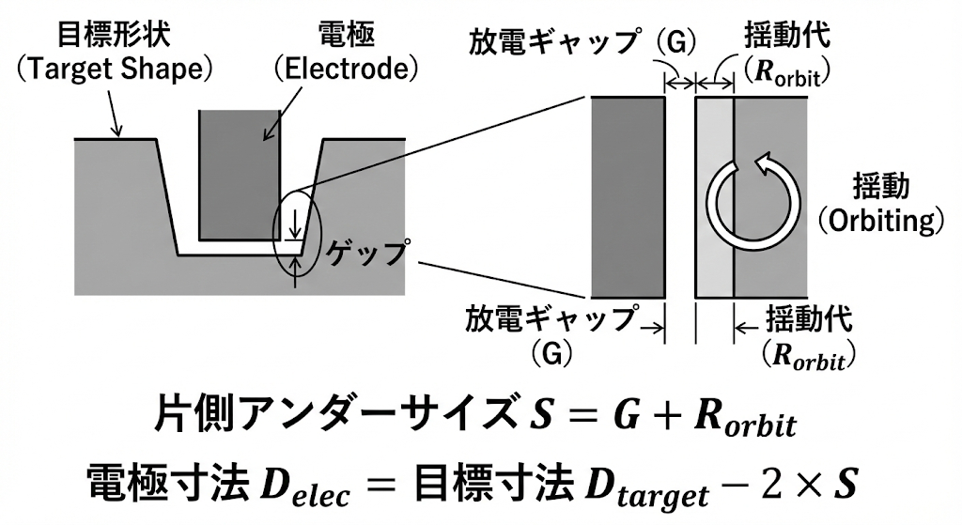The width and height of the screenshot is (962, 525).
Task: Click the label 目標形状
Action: (x=113, y=35)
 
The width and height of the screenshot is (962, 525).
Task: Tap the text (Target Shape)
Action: (x=114, y=69)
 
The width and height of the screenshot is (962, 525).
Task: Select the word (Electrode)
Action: (x=346, y=69)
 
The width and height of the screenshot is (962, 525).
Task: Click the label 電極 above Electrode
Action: (x=346, y=35)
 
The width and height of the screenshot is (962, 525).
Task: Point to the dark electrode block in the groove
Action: (x=240, y=175)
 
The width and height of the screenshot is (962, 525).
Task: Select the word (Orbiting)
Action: (x=880, y=222)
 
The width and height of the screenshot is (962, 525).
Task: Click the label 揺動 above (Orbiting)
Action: (x=881, y=187)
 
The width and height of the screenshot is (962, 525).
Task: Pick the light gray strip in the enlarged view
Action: (x=715, y=197)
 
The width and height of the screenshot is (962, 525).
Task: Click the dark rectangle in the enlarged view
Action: (x=628, y=197)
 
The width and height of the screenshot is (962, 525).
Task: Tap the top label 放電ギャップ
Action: (x=553, y=42)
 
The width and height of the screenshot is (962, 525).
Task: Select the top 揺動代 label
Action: (x=787, y=34)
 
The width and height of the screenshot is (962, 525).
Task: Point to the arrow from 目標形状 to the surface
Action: (x=114, y=113)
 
